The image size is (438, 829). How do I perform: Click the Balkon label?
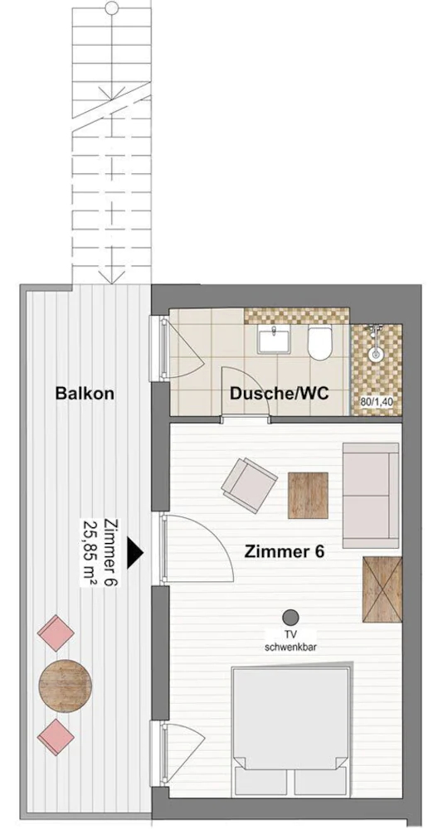[x=85, y=393]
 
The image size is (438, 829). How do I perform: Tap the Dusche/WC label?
[x=279, y=393]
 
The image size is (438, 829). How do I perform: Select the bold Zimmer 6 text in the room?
[x=284, y=552]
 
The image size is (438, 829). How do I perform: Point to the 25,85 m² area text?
[x=89, y=552]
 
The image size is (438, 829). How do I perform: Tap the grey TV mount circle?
[x=290, y=617]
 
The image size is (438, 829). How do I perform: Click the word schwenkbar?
[x=290, y=646]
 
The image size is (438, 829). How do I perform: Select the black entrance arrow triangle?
[x=136, y=552]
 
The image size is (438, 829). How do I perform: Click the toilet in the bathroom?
[x=319, y=342]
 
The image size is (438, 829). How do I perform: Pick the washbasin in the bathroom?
[x=274, y=339]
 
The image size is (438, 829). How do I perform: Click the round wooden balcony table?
[x=66, y=686]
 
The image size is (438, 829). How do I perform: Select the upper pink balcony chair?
[x=56, y=633]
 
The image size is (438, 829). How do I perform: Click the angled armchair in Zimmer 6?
[x=249, y=485]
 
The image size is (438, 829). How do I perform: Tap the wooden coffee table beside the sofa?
[x=308, y=495]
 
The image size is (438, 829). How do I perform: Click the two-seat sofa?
[x=371, y=496]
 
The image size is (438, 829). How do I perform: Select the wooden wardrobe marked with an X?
[x=382, y=589]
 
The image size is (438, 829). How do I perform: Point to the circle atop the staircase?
[x=112, y=8]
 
